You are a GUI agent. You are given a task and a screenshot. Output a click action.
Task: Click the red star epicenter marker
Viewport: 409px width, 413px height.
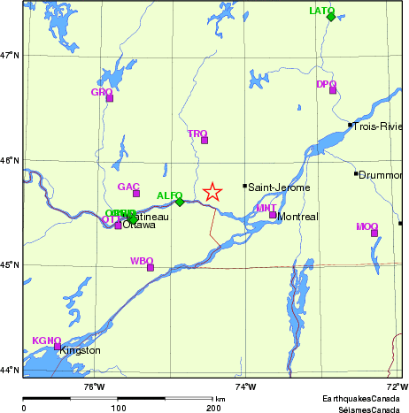coord(212,192)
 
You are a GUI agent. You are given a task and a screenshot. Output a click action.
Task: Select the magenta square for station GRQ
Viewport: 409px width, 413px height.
coord(110,98)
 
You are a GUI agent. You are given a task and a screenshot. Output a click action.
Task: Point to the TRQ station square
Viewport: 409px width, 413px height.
coord(204,140)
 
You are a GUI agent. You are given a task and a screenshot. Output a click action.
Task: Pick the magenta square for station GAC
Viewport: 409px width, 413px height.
coord(136,193)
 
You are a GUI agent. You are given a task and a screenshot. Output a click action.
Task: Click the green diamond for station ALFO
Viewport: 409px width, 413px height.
coord(180,202)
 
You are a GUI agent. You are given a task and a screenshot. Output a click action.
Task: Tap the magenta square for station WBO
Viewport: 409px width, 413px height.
coord(150,267)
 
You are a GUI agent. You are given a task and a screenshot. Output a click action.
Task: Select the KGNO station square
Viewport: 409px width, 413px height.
coord(58,347)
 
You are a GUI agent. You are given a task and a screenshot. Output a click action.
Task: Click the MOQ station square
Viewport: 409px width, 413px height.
coord(374,233)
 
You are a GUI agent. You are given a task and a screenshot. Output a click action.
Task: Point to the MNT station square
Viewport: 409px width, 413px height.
coord(273,214)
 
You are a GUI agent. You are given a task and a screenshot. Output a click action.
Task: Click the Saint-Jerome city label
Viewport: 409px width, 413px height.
coord(279,187)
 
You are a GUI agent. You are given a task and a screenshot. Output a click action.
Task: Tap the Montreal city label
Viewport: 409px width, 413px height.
coord(297,217)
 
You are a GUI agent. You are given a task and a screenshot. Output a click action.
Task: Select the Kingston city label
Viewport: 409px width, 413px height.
coord(80,350)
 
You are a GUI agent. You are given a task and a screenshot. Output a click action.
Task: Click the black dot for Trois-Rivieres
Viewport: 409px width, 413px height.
coord(350,125)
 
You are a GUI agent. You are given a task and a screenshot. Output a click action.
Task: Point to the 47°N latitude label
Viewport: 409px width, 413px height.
coord(9,56)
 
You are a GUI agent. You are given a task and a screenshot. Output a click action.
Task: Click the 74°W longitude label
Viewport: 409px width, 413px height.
coord(245,385)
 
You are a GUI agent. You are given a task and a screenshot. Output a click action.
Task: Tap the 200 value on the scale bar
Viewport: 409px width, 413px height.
coord(213,408)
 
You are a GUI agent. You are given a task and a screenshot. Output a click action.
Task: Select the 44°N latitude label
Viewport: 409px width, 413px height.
coord(9,370)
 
